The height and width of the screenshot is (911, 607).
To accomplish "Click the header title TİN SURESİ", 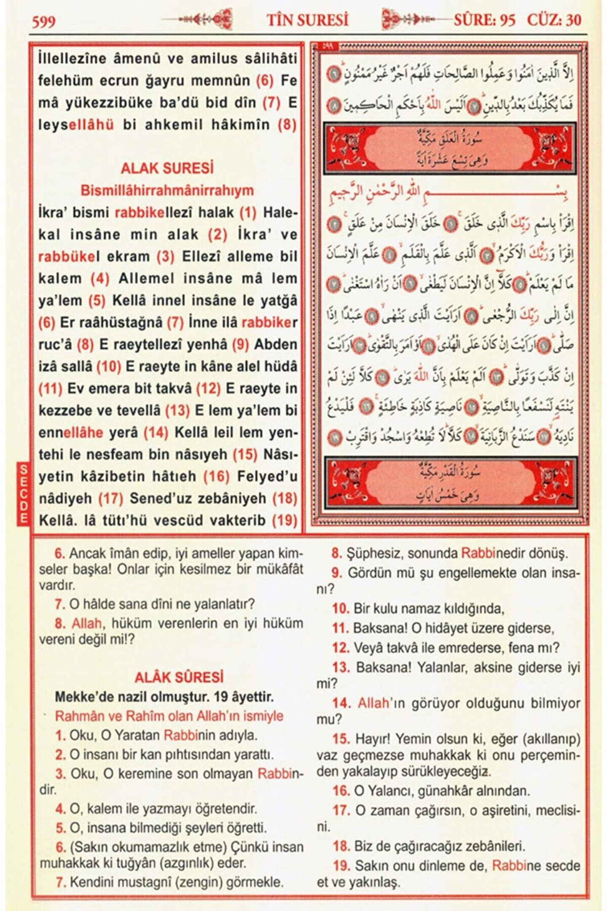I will (x=307, y=20).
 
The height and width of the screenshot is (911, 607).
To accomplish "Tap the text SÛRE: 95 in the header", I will (x=484, y=20).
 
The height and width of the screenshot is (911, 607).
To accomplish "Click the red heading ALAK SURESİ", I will (x=167, y=168).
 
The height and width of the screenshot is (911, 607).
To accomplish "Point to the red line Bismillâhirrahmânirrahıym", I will (x=167, y=190).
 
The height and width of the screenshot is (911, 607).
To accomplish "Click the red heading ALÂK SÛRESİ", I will (x=179, y=678).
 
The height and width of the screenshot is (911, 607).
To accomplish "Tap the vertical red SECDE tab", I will (x=24, y=493).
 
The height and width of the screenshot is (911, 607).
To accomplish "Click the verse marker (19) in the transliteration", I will (x=285, y=520).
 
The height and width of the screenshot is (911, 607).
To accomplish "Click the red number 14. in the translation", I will (x=341, y=703).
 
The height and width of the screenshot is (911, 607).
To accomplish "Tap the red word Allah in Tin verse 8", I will (x=86, y=623).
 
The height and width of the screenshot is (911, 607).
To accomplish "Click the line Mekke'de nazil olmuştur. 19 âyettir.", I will (x=164, y=697).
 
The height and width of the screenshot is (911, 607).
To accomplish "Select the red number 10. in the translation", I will (x=341, y=609).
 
